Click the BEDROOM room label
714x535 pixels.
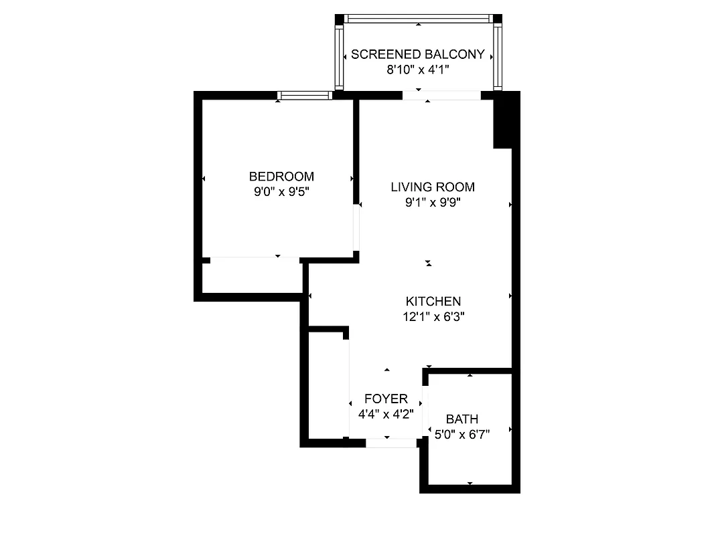tap(281, 177)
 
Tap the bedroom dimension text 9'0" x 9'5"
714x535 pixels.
tap(281, 192)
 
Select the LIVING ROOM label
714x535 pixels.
tap(433, 187)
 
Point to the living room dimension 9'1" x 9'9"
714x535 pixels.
tap(433, 203)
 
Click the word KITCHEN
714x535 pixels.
tap(433, 302)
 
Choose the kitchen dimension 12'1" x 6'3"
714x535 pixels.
tap(433, 317)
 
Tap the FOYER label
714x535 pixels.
tap(386, 399)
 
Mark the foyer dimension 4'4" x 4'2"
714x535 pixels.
tap(386, 414)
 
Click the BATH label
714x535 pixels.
tap(462, 419)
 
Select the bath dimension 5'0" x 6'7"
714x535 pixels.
tap(462, 435)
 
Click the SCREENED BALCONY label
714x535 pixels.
tap(418, 54)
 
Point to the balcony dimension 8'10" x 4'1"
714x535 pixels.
tap(418, 70)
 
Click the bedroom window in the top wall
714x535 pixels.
tap(305, 96)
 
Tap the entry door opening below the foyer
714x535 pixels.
tap(391, 442)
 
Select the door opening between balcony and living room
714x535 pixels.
tap(441, 96)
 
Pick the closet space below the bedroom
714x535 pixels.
tap(252, 277)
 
